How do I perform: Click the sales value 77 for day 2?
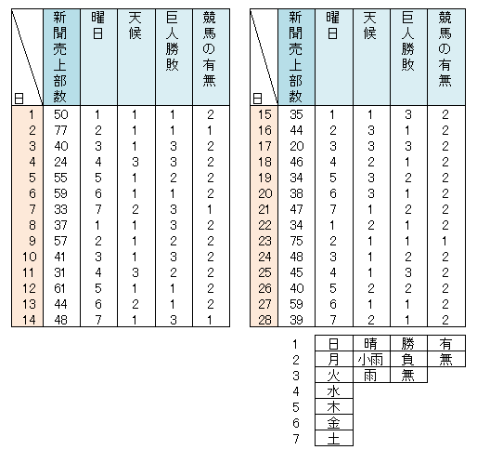click(61, 130)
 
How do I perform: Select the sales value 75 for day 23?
click(296, 241)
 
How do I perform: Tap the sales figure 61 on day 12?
click(60, 288)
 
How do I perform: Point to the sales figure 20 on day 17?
click(297, 146)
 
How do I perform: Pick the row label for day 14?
click(29, 320)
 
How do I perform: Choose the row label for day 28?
click(264, 320)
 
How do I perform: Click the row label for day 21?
click(264, 209)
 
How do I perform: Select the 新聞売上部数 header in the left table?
click(60, 57)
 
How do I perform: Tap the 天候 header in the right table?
click(370, 26)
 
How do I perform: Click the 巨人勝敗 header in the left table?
click(173, 41)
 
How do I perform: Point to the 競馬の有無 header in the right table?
click(445, 49)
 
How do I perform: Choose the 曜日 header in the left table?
click(97, 26)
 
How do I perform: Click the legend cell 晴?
click(370, 343)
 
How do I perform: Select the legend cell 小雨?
click(370, 360)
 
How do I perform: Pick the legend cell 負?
click(408, 360)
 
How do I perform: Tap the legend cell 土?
click(333, 439)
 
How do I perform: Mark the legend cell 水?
click(333, 391)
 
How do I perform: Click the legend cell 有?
click(445, 343)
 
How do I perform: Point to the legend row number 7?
click(296, 439)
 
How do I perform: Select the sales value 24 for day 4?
click(61, 162)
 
